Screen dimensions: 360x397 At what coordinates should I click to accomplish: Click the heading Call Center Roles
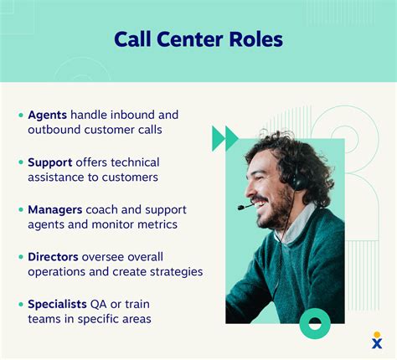(x=198, y=39)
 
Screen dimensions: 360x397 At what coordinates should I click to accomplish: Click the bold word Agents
(x=48, y=115)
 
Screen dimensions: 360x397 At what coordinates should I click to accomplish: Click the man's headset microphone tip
(x=240, y=207)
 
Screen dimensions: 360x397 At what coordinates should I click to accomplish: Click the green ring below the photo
(x=315, y=323)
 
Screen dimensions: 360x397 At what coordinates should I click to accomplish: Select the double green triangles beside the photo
(x=225, y=138)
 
